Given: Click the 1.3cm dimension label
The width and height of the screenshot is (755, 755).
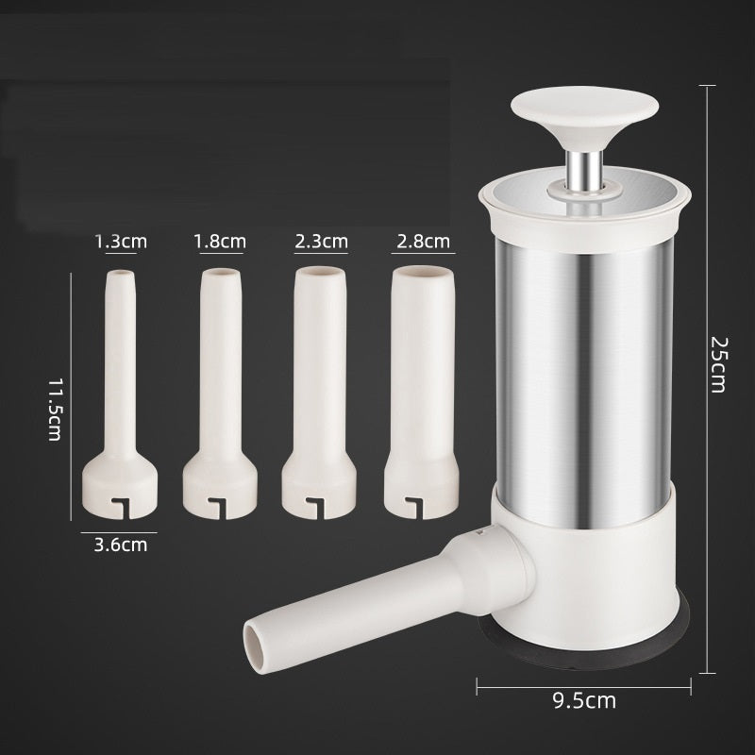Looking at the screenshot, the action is point(121,242).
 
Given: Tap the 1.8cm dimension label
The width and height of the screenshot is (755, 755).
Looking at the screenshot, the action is point(220,241).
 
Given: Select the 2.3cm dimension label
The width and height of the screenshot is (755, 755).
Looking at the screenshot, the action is point(321,241).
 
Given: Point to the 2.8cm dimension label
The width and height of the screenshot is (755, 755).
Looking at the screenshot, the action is point(423,241).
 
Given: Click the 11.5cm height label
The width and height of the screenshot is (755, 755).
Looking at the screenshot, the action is point(56,410).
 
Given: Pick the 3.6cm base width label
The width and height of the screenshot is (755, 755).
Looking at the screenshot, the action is point(121,545).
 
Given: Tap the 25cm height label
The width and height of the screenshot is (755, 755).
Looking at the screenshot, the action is point(719,365).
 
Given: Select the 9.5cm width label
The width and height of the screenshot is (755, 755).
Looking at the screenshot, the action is point(584,700).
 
